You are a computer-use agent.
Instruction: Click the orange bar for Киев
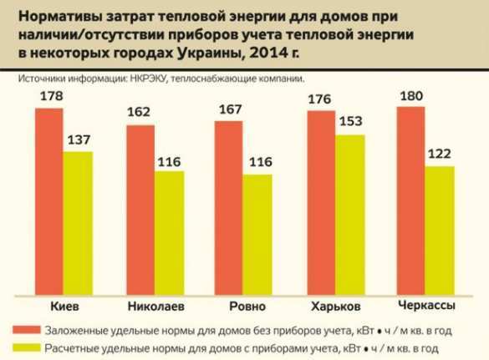[50, 201]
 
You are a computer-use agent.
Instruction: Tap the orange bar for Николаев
[141, 209]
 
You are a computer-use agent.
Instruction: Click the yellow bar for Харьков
[349, 214]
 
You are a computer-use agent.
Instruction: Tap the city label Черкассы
[427, 302]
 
